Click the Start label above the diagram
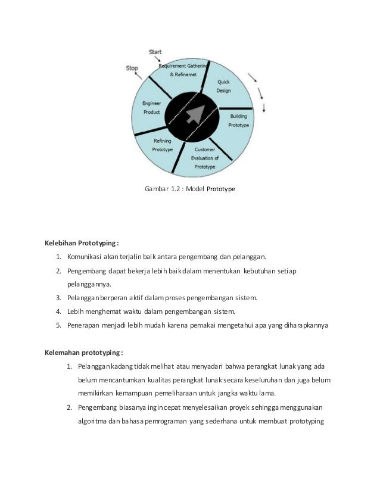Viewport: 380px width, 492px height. tap(155, 53)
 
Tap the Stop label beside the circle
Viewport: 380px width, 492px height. tap(132, 68)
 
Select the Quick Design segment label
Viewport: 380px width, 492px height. tap(223, 86)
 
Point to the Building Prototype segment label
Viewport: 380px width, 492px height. tap(238, 122)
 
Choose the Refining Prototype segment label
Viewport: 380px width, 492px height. tap(163, 145)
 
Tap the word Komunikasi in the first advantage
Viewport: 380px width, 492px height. tap(84, 257)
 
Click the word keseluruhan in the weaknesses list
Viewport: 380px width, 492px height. tap(272, 380)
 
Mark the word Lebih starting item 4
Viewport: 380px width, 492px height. tap(76, 312)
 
